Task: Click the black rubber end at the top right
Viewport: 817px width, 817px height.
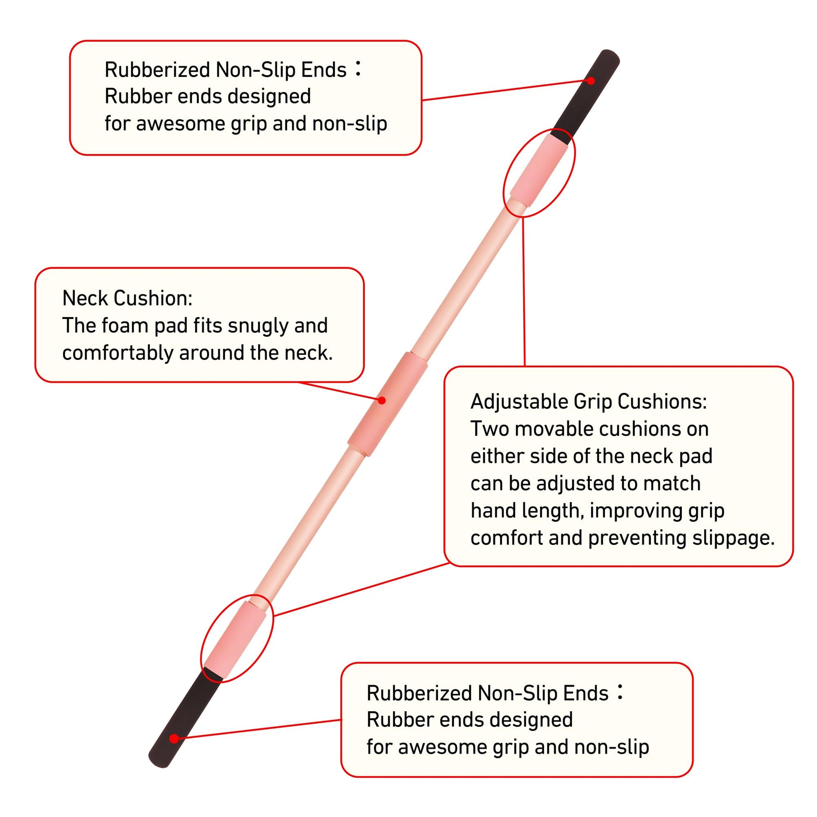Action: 588,95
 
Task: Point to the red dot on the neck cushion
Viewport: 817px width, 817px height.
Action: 382,400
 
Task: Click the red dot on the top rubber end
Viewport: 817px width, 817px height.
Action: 591,81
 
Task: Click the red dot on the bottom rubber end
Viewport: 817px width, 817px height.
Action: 174,739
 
